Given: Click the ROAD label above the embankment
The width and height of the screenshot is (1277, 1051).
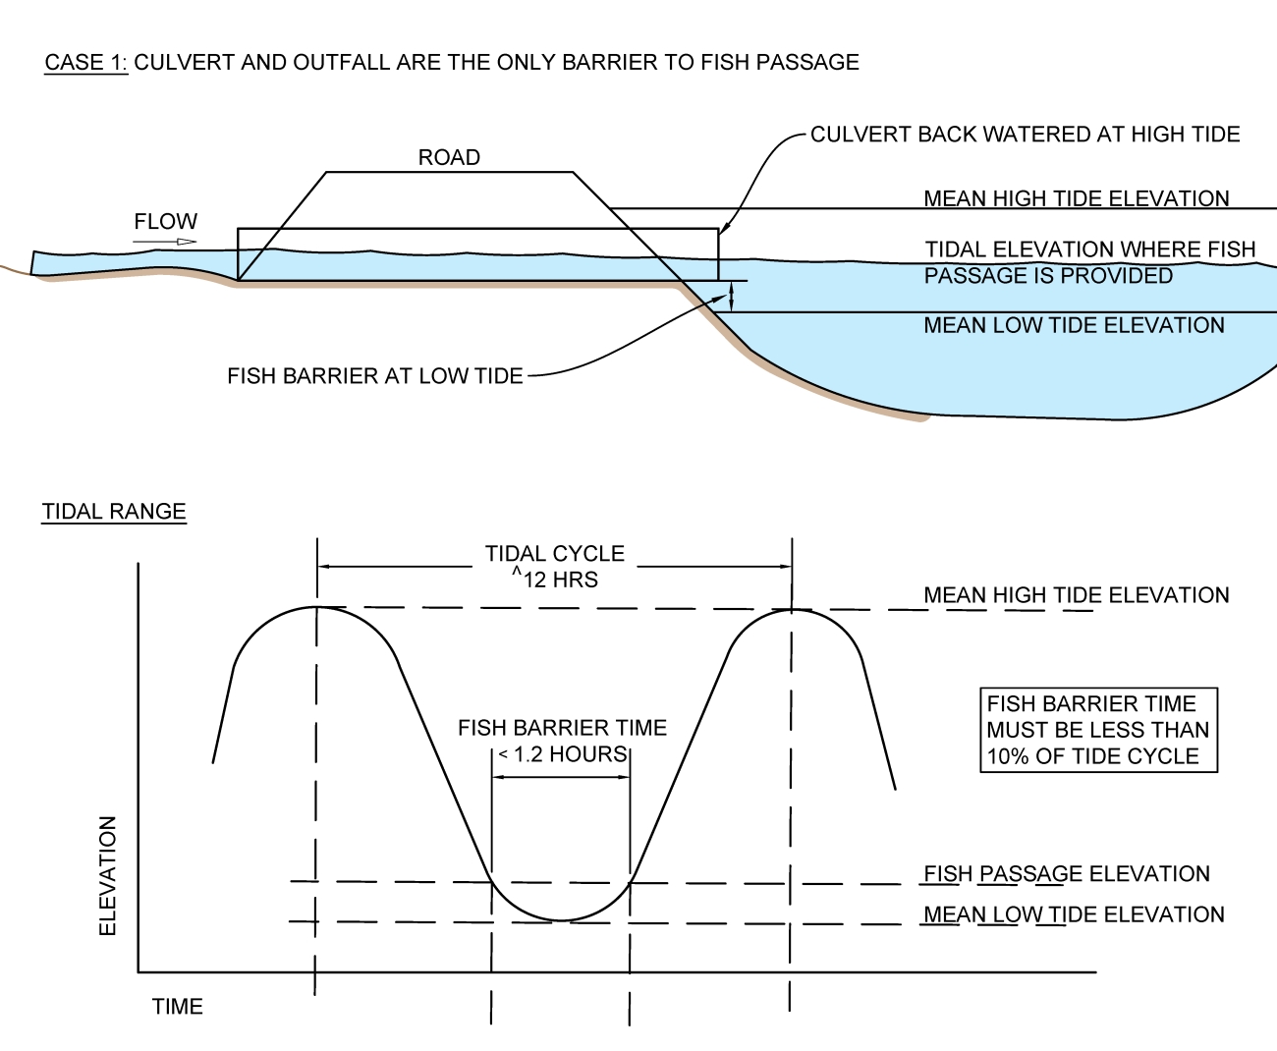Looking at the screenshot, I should [449, 157].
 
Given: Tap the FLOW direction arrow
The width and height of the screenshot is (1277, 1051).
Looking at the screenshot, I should [165, 241].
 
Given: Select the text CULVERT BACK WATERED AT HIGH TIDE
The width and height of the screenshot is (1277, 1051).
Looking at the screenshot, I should [1025, 135].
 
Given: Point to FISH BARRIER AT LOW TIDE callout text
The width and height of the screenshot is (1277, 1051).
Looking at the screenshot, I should [374, 376].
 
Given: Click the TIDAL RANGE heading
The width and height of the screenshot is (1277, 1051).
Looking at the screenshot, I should [114, 512].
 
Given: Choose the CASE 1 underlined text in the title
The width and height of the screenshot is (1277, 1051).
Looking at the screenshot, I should [86, 63].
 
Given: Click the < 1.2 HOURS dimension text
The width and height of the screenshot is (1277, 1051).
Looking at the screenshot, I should [562, 754].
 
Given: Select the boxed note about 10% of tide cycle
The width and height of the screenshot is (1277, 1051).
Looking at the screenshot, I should [1097, 730].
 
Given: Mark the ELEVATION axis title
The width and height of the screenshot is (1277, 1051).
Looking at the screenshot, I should [108, 875].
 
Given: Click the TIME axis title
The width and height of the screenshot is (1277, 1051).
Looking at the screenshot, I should [177, 1007].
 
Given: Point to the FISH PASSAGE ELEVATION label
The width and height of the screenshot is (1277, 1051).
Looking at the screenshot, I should [1066, 874].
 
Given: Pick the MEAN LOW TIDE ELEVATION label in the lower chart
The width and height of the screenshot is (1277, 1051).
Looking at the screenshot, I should [1074, 914].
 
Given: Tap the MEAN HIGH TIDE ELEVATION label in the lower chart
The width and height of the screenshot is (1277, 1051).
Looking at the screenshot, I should [1076, 595].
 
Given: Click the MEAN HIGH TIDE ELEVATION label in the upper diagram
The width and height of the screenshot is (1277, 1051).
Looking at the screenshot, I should [1076, 198].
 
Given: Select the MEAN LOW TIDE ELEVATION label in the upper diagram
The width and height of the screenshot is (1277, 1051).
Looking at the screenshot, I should [1074, 325].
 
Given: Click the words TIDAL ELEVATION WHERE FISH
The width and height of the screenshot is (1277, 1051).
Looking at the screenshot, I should [1089, 249].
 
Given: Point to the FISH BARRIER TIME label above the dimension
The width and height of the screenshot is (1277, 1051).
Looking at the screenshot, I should [562, 728].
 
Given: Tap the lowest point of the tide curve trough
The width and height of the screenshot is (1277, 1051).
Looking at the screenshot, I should [561, 920].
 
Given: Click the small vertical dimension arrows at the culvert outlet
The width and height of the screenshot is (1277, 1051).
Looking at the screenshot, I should [731, 296].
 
